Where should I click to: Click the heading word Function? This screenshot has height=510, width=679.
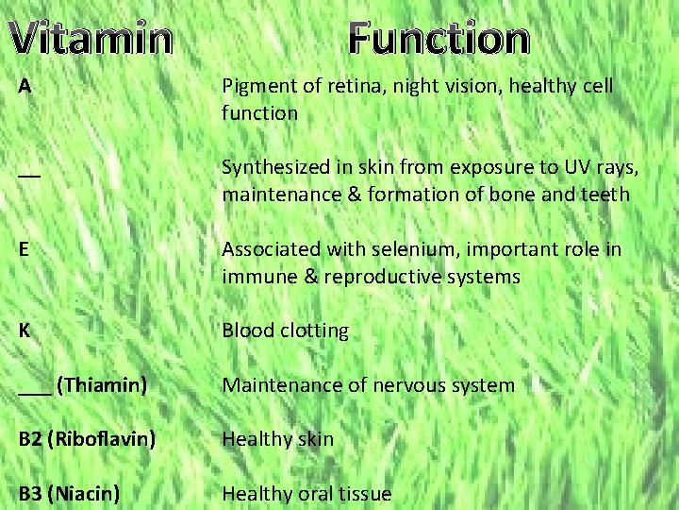(x=438, y=40)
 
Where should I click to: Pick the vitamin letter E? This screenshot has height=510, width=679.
(x=25, y=250)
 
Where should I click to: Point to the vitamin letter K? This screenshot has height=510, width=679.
(x=25, y=331)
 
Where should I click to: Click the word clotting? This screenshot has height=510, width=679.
(x=312, y=331)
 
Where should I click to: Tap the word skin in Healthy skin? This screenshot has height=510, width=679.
(x=314, y=439)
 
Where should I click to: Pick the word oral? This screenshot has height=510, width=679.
(x=311, y=493)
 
